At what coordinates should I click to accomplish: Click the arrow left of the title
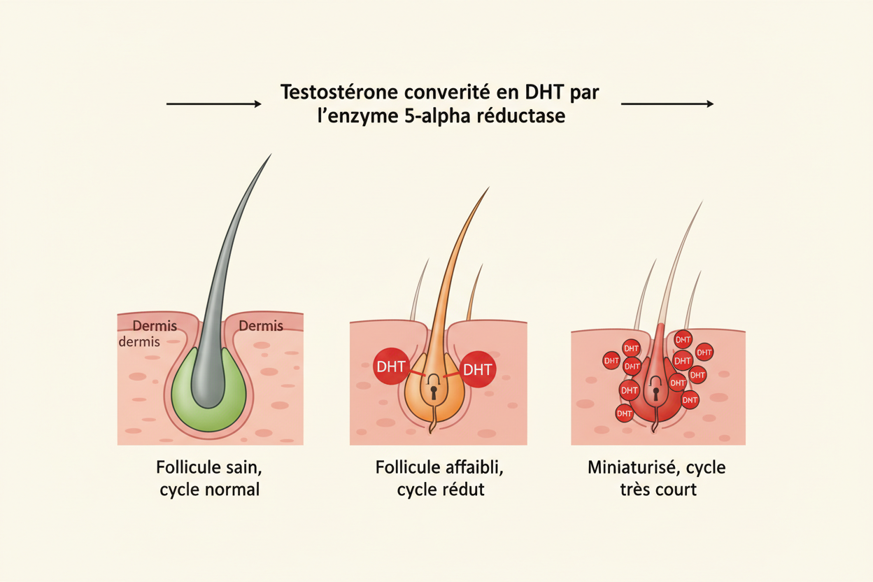(213, 104)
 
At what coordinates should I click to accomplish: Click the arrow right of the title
(667, 104)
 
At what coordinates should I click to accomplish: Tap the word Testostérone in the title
(339, 92)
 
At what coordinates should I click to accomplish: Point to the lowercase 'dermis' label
(139, 342)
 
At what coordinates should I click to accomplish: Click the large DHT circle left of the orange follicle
(391, 367)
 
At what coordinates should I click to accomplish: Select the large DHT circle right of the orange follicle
(478, 369)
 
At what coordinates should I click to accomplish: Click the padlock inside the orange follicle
(434, 387)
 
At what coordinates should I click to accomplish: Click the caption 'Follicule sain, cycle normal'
(209, 478)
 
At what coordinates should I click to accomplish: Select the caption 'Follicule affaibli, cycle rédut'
(439, 478)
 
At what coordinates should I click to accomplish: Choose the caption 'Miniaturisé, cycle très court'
(657, 478)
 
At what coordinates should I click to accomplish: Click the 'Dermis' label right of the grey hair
(261, 326)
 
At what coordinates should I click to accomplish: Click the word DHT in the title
(544, 92)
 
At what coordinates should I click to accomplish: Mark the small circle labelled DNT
(690, 400)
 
